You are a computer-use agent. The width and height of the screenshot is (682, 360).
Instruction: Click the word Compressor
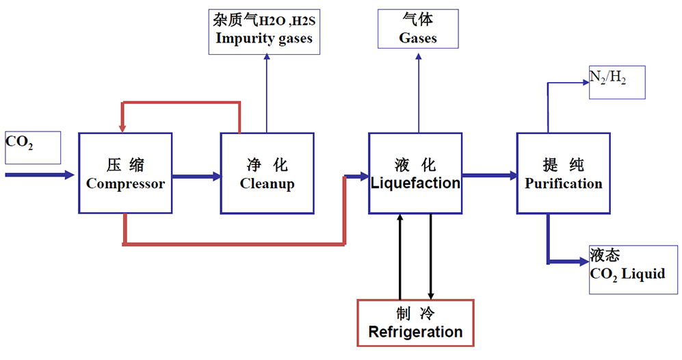(x=125, y=184)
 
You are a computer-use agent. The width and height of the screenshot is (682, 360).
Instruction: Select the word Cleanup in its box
(x=267, y=184)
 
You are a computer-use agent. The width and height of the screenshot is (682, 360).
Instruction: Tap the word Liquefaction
(x=415, y=183)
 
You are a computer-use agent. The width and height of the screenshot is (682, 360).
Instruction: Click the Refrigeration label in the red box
(x=415, y=333)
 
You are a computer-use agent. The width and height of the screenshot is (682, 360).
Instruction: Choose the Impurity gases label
(x=264, y=38)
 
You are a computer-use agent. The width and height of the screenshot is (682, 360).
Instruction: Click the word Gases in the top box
(x=418, y=38)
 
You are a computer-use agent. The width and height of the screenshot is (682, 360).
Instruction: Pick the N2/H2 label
(x=608, y=79)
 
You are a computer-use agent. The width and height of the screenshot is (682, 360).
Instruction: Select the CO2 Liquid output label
(x=627, y=274)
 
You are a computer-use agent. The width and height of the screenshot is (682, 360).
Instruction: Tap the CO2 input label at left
(x=20, y=143)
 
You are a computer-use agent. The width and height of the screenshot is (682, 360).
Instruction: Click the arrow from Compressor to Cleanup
(x=196, y=176)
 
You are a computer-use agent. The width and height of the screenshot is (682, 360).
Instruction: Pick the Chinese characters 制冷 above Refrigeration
(x=415, y=313)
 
